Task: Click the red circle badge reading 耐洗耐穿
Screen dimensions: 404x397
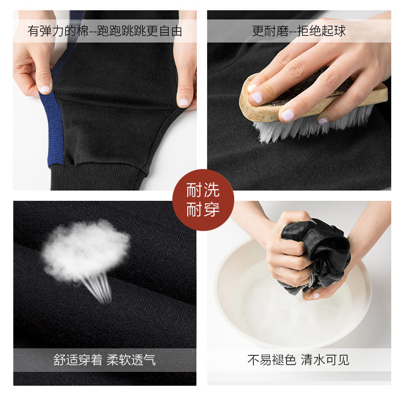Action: point(203,200)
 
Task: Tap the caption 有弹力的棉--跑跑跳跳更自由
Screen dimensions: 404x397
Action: point(105,31)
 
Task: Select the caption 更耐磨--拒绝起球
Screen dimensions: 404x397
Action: point(299,31)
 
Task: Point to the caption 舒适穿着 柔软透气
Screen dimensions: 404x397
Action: point(105,360)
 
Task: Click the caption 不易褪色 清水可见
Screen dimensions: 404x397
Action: point(298,360)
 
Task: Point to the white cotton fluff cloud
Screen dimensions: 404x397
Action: point(85,250)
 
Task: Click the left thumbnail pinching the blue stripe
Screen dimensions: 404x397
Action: point(45,89)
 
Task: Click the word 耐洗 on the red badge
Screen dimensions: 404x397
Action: point(203,190)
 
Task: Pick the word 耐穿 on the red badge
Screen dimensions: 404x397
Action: point(203,210)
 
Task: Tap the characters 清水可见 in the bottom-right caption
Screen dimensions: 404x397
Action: point(325,360)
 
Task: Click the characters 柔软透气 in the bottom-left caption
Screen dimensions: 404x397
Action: point(131,360)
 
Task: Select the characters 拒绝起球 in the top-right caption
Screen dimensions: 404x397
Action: point(322,31)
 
